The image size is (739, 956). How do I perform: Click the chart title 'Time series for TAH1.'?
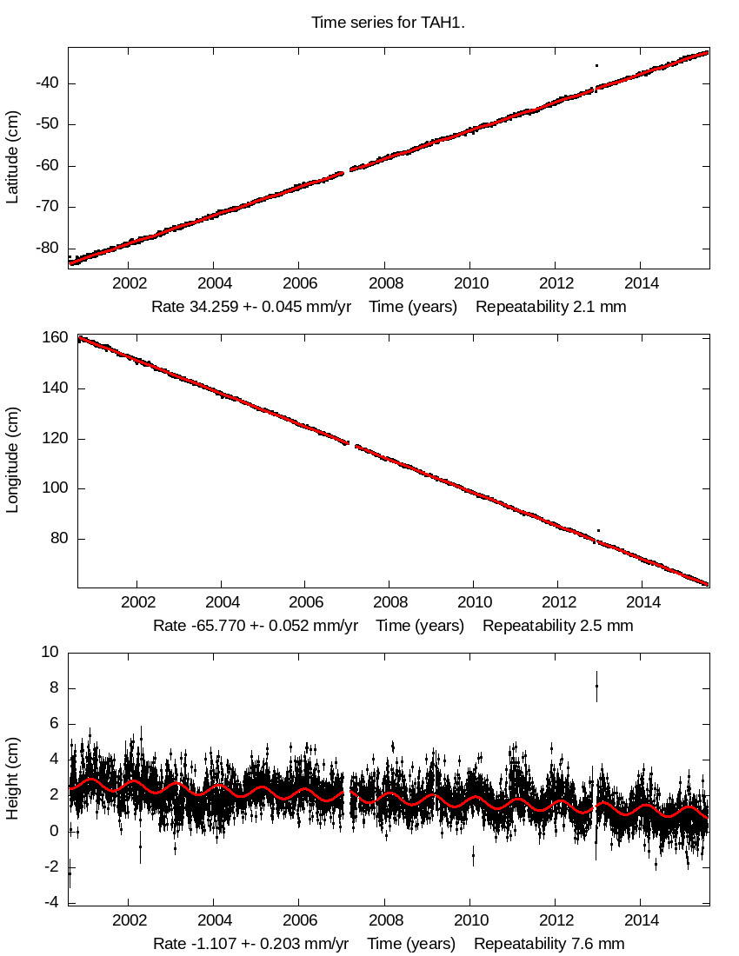coord(388,23)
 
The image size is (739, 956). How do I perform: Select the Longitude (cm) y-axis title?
coord(12,461)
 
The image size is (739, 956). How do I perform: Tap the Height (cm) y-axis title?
coord(12,778)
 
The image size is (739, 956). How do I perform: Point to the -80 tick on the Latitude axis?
coord(47,248)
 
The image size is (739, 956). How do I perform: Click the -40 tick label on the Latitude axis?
coord(47,83)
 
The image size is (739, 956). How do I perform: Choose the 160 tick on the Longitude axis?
coord(55,338)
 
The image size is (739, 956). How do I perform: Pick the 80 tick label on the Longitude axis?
coord(59,539)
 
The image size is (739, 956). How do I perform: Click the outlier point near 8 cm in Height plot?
coord(596,686)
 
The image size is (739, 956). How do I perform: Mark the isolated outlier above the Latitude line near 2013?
coord(596,65)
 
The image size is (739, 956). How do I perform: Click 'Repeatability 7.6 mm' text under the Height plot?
coord(549,943)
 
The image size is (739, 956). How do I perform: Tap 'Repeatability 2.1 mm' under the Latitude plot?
coord(550,307)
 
